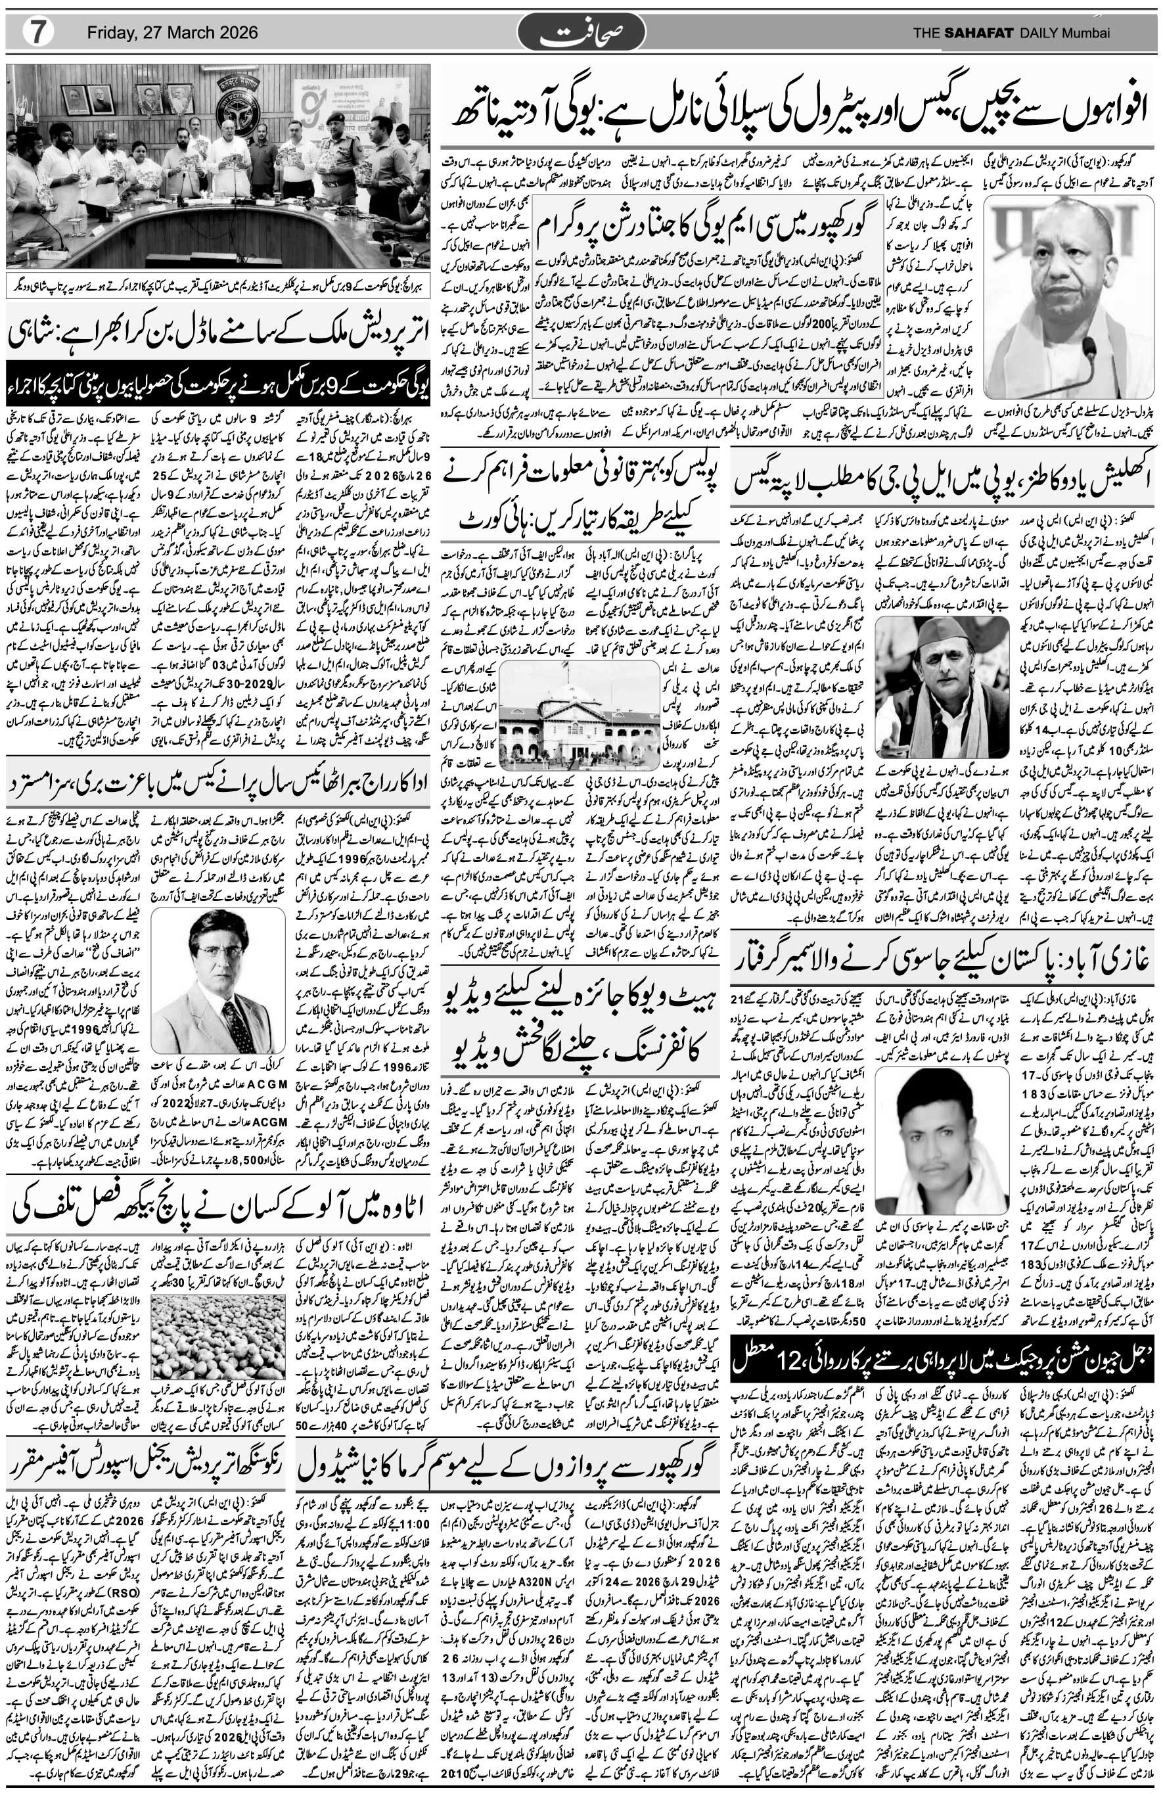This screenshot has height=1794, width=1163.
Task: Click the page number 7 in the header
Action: [35, 33]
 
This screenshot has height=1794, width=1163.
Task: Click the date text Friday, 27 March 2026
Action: [173, 33]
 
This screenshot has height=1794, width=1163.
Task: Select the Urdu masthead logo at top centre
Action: [581, 33]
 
